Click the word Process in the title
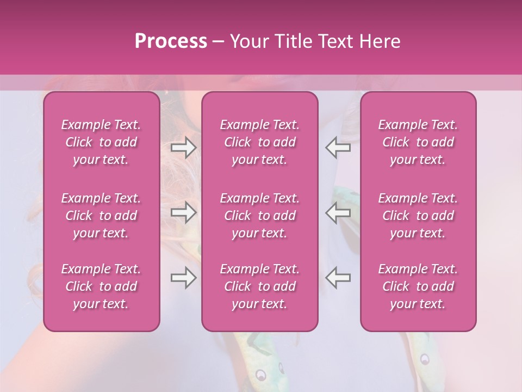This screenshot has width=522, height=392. tap(171, 41)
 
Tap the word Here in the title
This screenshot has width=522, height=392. tap(380, 41)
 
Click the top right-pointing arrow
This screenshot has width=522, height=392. tap(184, 148)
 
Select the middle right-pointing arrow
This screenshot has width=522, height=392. tap(184, 213)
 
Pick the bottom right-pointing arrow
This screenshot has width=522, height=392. tap(184, 278)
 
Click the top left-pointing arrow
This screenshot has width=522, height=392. tap(338, 148)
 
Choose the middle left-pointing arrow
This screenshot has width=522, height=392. tap(338, 213)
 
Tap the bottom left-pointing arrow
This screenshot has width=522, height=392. tap(338, 278)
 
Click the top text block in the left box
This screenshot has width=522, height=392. tap(101, 142)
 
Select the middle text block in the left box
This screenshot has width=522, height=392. tap(101, 216)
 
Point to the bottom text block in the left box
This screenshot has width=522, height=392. tap(101, 286)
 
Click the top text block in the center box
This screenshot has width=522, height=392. tap(260, 142)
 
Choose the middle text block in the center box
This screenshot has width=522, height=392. tap(260, 216)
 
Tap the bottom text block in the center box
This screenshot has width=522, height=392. tap(260, 286)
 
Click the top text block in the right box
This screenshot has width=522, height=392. tap(418, 142)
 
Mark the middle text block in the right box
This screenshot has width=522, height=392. tap(418, 216)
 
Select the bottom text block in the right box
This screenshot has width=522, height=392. tap(418, 286)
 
